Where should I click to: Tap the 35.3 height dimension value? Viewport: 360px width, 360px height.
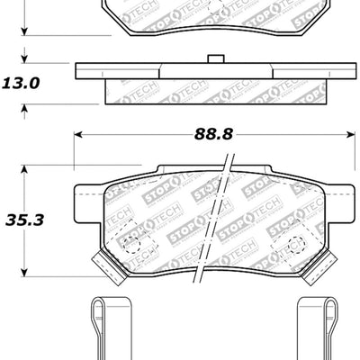[x=26, y=217]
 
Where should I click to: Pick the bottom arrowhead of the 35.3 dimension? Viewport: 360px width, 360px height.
[x=26, y=271]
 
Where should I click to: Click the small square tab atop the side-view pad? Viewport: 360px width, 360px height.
[x=215, y=60]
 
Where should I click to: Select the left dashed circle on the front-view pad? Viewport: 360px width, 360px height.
[x=132, y=241]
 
